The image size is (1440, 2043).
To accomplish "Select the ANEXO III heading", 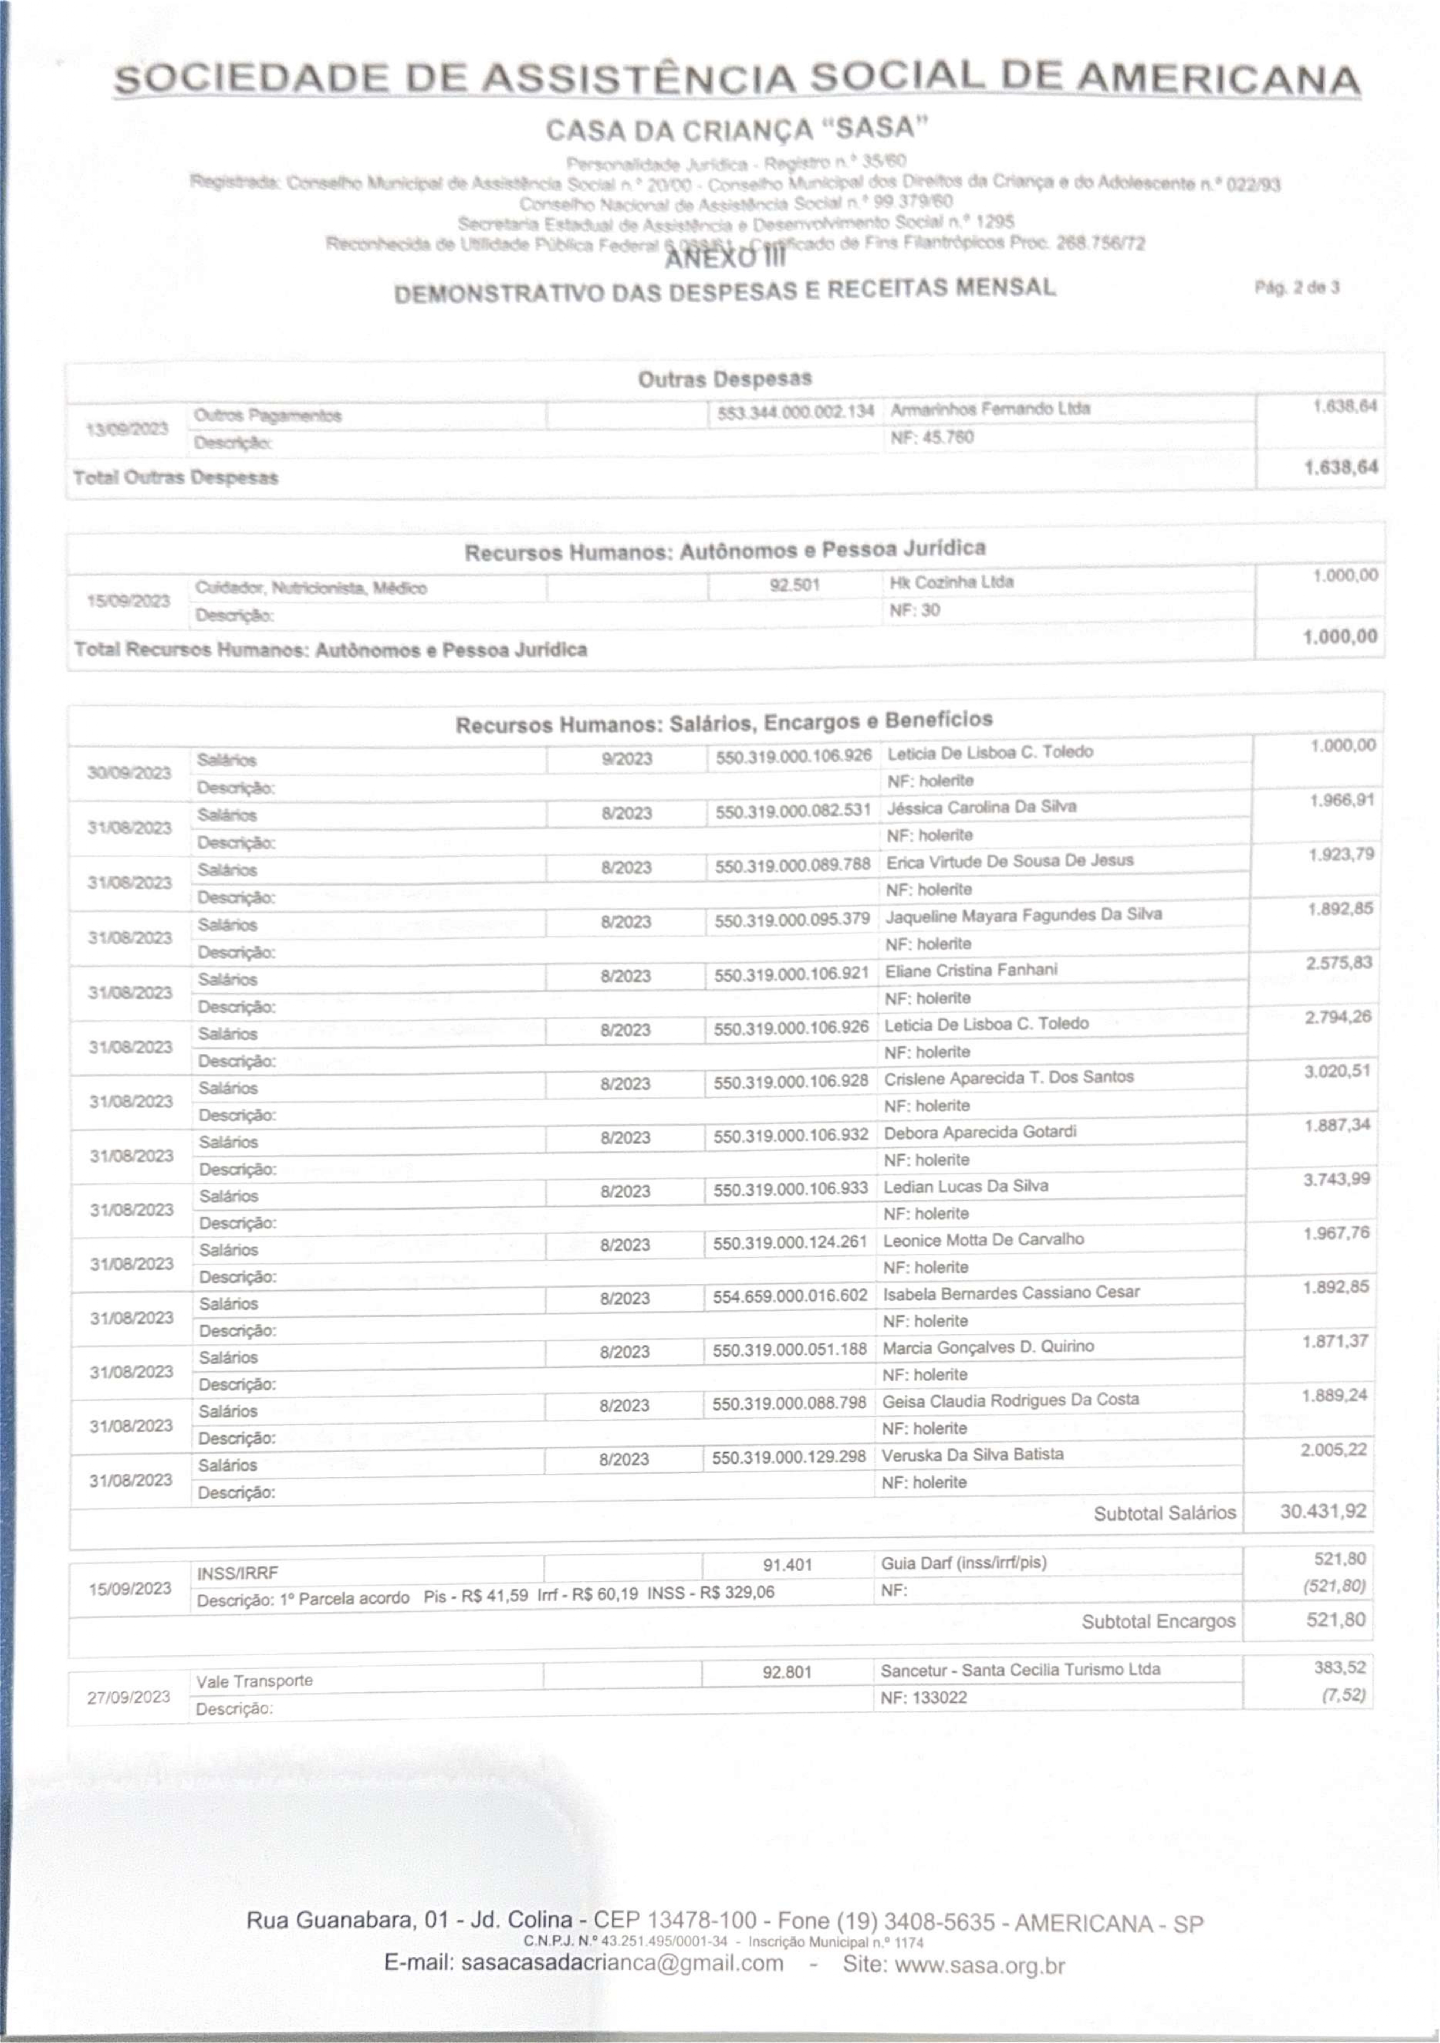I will point(725,258).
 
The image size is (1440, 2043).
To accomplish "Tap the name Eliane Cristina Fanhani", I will point(970,970).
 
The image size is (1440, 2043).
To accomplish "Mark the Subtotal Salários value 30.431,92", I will point(1323,1511).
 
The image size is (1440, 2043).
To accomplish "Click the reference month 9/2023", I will point(626,759).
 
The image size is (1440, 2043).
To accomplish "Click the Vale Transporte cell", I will point(254,1681).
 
